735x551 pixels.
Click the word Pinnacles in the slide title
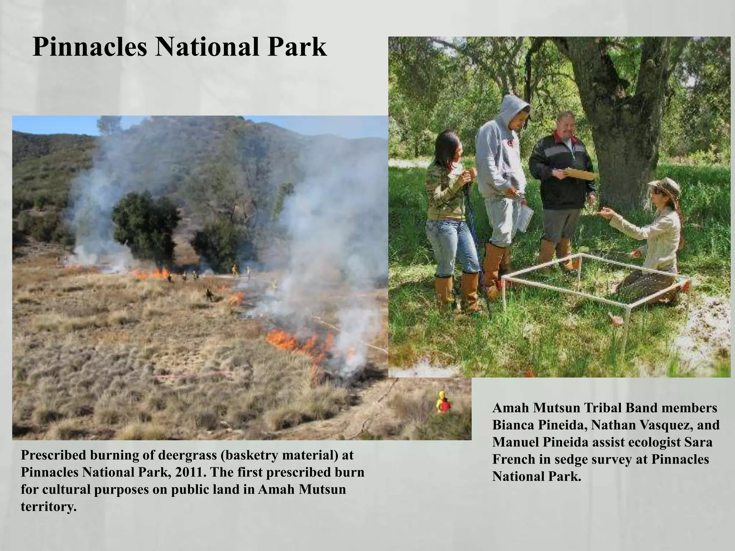pos(89,47)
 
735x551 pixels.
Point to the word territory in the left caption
pos(48,507)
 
